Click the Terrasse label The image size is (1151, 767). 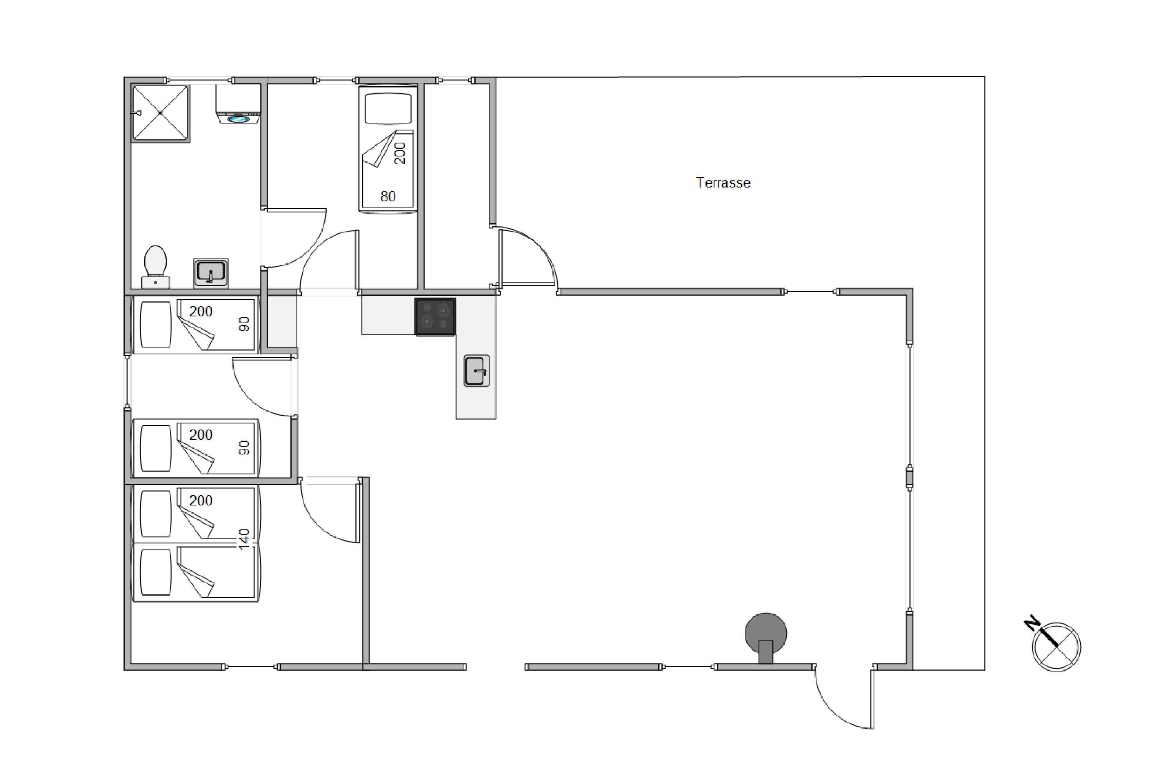tap(723, 183)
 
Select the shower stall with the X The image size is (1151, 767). tap(160, 113)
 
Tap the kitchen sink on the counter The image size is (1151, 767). tap(476, 370)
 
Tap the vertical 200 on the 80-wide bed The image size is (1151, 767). tap(400, 153)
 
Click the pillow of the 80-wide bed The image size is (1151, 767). tap(388, 109)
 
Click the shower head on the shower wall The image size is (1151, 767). tap(138, 113)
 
